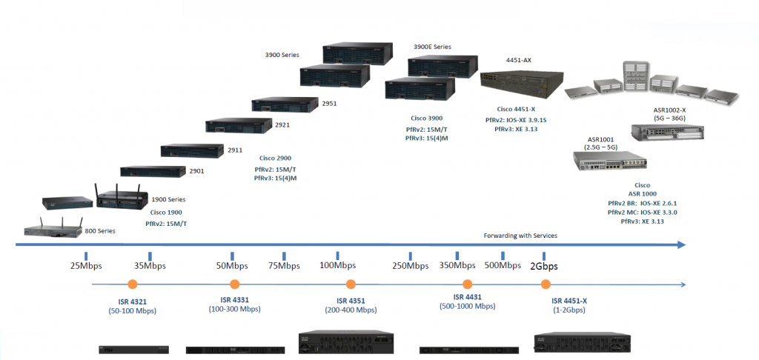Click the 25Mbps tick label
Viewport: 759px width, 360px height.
pos(87,265)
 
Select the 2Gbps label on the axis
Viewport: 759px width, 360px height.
pos(544,265)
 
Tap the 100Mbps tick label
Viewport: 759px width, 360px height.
pos(337,265)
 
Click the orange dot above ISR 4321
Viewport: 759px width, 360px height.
pos(132,284)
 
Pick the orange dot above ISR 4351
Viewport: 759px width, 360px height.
pos(351,284)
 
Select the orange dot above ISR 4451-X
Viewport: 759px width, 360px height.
pos(546,284)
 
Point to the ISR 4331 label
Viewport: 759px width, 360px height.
pos(234,300)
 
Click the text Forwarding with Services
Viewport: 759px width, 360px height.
pos(520,236)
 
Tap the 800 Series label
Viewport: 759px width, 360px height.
pos(100,231)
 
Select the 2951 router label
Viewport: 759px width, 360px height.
pos(329,104)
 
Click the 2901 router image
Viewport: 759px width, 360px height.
pos(152,171)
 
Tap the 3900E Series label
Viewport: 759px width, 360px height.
pos(432,47)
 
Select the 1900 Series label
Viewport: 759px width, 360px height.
pos(168,199)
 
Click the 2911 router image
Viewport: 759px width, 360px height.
pos(193,150)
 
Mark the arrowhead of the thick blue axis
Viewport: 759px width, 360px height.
pos(681,244)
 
